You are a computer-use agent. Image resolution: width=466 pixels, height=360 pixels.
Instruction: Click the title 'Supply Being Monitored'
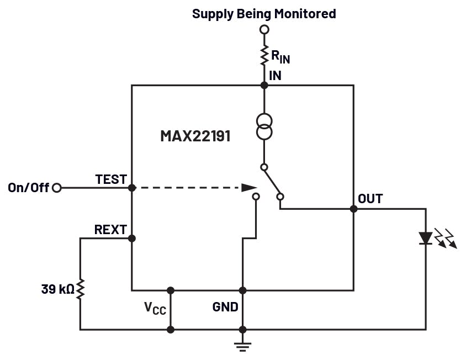point(264,14)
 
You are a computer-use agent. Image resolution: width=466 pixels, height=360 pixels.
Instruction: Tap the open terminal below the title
point(264,29)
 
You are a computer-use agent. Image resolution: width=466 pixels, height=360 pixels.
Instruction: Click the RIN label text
point(280,57)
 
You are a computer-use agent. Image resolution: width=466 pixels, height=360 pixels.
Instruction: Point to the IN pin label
point(275,76)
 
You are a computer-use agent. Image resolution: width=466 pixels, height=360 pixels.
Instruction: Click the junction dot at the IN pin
point(264,85)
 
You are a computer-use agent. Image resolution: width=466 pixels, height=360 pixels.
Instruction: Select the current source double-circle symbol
point(264,126)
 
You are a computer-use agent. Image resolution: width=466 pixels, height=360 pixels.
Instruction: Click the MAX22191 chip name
point(195,135)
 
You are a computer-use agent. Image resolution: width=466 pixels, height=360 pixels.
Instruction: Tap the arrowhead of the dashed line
point(249,188)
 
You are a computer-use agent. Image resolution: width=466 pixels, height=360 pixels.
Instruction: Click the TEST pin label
point(111,179)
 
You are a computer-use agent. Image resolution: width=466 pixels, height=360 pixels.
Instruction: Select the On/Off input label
point(29,188)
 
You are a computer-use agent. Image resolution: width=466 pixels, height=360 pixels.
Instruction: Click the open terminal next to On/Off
point(56,188)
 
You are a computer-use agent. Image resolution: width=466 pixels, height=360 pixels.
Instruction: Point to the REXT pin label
point(110,230)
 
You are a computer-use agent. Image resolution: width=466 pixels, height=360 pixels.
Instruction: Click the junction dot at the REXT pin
point(131,239)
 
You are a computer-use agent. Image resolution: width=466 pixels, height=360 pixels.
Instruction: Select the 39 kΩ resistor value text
point(57,289)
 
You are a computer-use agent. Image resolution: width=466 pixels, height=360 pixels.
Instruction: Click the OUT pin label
point(370,199)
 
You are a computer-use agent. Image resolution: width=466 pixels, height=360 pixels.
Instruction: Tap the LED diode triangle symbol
point(425,238)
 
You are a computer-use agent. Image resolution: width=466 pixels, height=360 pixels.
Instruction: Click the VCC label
point(155,308)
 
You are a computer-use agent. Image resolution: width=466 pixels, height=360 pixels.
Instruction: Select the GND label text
point(225,307)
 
